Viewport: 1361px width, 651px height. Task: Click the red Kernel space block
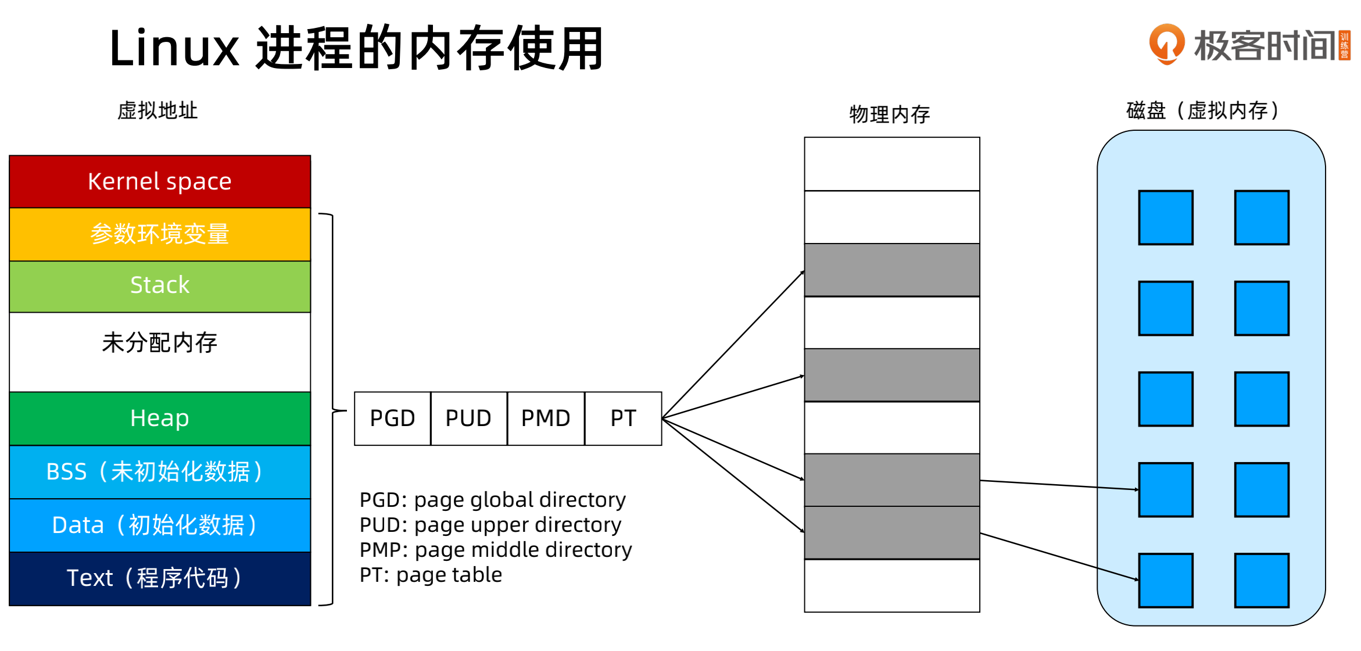(160, 181)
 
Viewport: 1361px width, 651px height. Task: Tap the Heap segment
(160, 419)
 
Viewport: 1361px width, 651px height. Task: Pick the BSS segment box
(160, 471)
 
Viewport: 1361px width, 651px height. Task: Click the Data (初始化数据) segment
(160, 525)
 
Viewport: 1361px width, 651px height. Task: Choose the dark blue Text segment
(160, 578)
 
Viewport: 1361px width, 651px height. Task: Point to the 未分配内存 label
(160, 343)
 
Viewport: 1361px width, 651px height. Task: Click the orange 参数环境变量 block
(160, 234)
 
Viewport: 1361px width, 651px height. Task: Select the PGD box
(392, 419)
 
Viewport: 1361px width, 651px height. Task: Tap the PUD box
(468, 419)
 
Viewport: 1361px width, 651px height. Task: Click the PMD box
(546, 419)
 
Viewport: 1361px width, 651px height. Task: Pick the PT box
(623, 419)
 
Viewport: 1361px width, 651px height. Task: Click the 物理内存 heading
(889, 115)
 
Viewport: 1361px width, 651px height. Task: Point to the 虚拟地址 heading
(157, 110)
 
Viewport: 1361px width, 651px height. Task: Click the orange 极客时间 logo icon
(1166, 44)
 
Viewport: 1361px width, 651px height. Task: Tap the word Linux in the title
(174, 49)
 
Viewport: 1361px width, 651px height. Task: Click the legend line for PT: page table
(431, 575)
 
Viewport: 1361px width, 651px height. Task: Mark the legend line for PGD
(492, 500)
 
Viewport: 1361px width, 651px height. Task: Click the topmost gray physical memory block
(891, 270)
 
